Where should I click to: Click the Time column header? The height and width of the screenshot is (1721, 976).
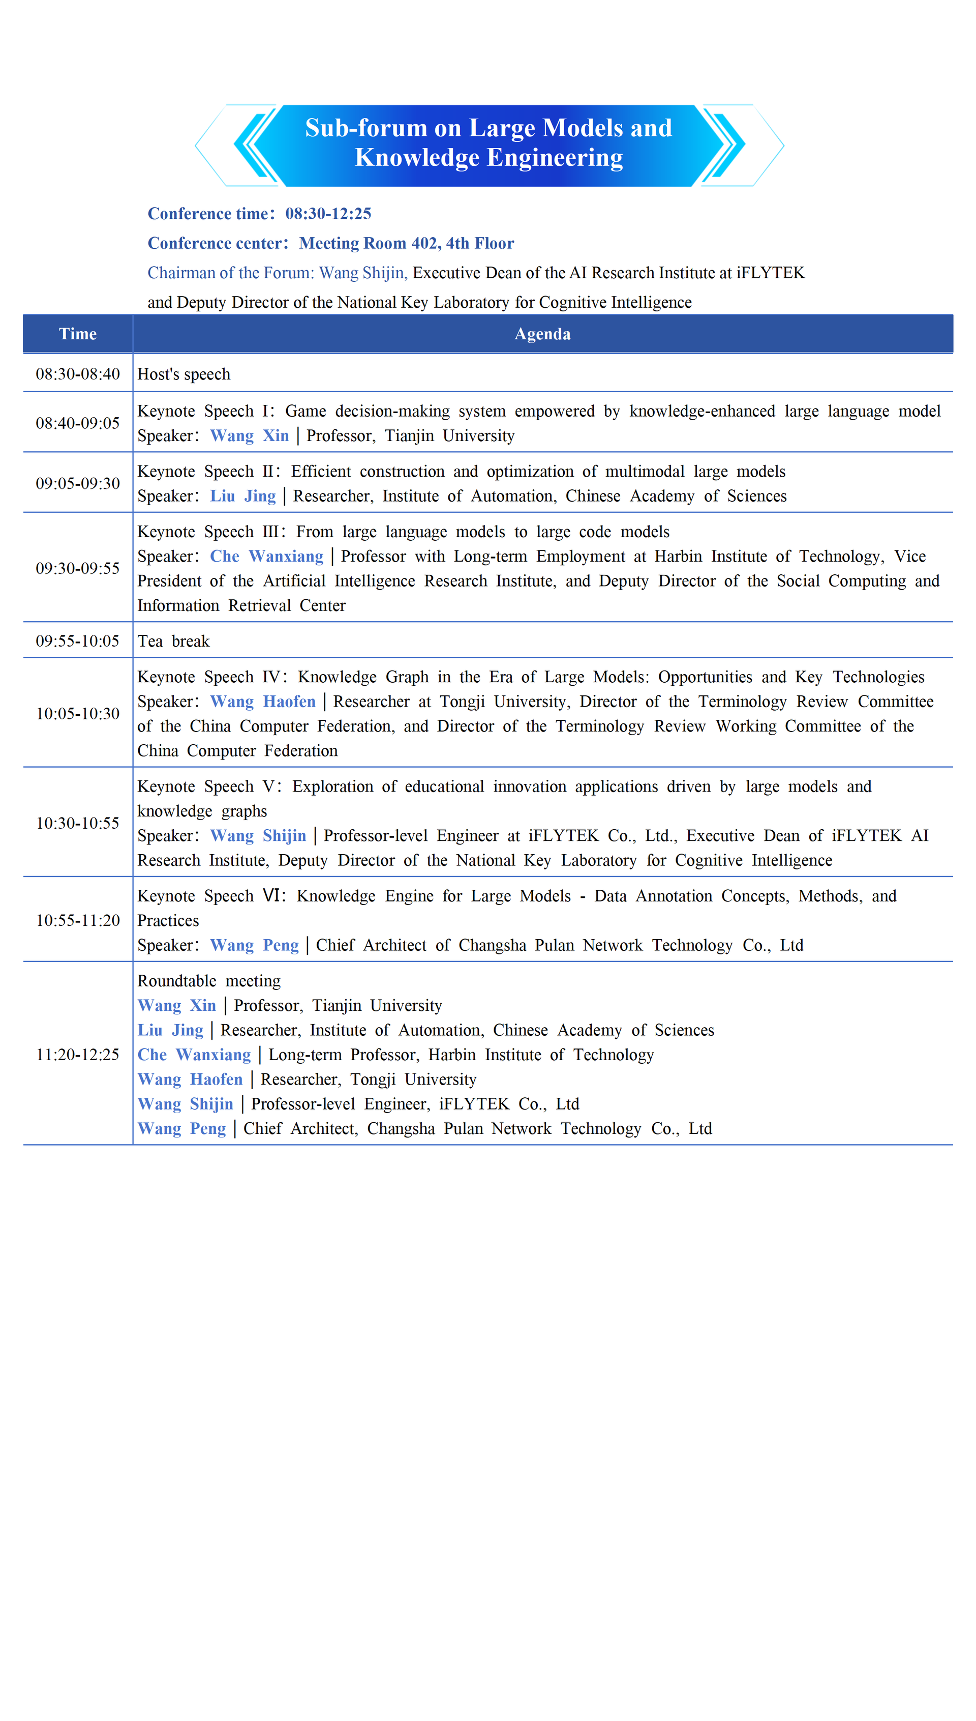78,334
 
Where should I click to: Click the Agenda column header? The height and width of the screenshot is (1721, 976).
542,334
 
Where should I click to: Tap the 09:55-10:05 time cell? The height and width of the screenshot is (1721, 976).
78,641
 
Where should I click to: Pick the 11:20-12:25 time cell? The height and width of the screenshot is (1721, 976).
78,1055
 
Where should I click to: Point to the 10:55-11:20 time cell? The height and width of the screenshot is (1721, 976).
78,920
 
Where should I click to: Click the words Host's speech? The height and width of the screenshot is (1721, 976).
184,374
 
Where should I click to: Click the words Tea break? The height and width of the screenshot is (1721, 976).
174,641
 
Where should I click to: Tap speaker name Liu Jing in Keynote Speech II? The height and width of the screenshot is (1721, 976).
242,495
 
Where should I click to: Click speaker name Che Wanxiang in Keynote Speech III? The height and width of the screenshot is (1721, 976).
267,556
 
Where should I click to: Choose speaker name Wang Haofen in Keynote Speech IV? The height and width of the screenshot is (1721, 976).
263,702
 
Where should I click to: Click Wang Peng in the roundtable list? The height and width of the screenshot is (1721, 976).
181,1128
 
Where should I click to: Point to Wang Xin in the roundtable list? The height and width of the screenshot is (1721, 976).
177,1005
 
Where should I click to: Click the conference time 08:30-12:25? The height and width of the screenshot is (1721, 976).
328,213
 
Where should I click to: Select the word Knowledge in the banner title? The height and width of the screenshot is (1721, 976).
416,158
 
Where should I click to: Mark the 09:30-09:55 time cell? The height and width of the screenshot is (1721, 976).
78,568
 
